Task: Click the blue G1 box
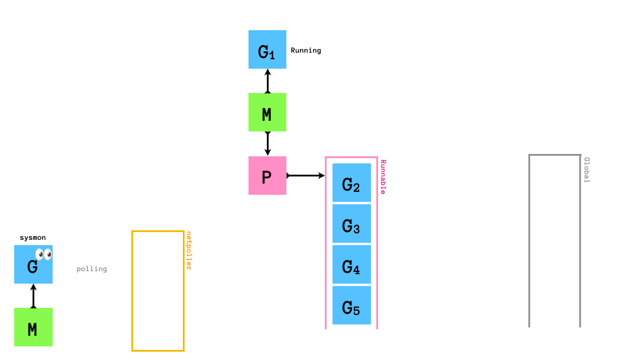pyautogui.click(x=267, y=50)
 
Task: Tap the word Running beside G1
pyautogui.click(x=306, y=50)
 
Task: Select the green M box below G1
pyautogui.click(x=267, y=112)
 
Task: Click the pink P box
pyautogui.click(x=267, y=175)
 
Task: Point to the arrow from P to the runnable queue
pyautogui.click(x=306, y=175)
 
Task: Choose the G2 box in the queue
pyautogui.click(x=351, y=183)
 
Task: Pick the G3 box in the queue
pyautogui.click(x=351, y=224)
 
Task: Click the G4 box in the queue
pyautogui.click(x=351, y=265)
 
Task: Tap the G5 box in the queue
pyautogui.click(x=351, y=306)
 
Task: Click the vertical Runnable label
pyautogui.click(x=383, y=176)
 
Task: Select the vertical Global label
pyautogui.click(x=586, y=169)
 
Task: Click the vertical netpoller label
pyautogui.click(x=189, y=250)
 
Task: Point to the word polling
pyautogui.click(x=92, y=269)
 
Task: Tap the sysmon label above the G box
pyautogui.click(x=33, y=238)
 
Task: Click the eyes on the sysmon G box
pyautogui.click(x=44, y=255)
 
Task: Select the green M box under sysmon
pyautogui.click(x=33, y=327)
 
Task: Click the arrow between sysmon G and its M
pyautogui.click(x=33, y=295)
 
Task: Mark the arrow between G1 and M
pyautogui.click(x=267, y=81)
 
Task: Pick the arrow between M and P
pyautogui.click(x=267, y=143)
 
